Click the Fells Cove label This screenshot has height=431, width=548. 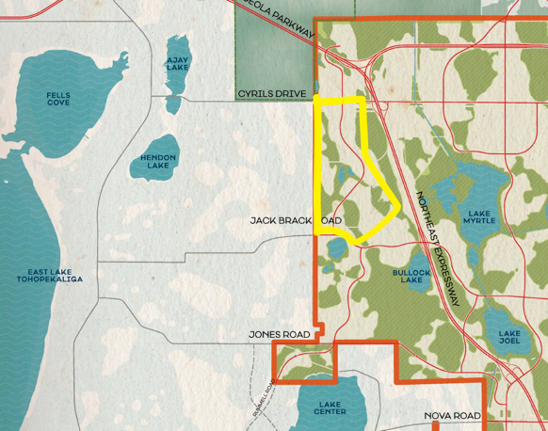(57, 98)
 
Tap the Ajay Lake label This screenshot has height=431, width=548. (177, 63)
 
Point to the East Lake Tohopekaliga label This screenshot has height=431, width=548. (49, 276)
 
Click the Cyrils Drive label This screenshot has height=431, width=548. (272, 94)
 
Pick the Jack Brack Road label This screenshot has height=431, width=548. (296, 221)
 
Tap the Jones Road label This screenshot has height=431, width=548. (279, 334)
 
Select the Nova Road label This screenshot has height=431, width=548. (452, 415)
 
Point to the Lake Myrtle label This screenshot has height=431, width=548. (479, 217)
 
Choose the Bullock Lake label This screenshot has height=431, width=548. (411, 276)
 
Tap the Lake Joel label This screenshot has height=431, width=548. (509, 337)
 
